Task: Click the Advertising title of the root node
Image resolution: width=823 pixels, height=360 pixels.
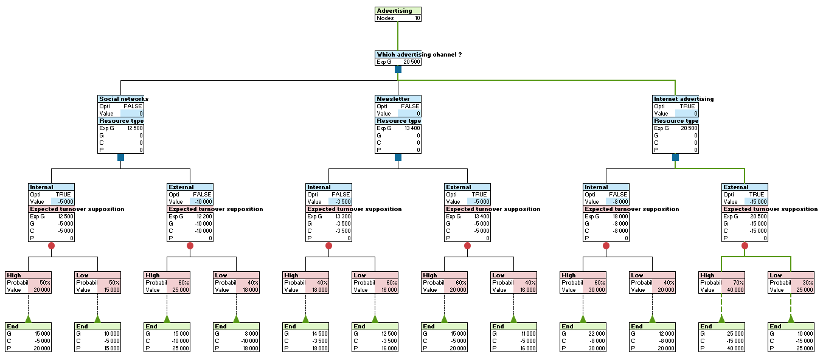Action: click(x=394, y=10)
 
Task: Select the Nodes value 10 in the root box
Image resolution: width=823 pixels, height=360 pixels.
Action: click(x=417, y=18)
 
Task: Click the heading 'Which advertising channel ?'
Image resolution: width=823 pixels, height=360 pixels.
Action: click(x=419, y=55)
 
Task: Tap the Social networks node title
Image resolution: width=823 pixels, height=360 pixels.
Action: click(x=123, y=99)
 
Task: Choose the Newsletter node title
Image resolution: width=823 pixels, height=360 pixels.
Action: click(x=394, y=99)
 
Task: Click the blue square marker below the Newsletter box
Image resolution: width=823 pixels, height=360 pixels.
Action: click(x=398, y=157)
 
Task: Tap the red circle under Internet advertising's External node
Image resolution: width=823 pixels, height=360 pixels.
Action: click(x=745, y=246)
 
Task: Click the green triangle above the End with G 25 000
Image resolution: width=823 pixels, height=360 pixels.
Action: click(x=721, y=318)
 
